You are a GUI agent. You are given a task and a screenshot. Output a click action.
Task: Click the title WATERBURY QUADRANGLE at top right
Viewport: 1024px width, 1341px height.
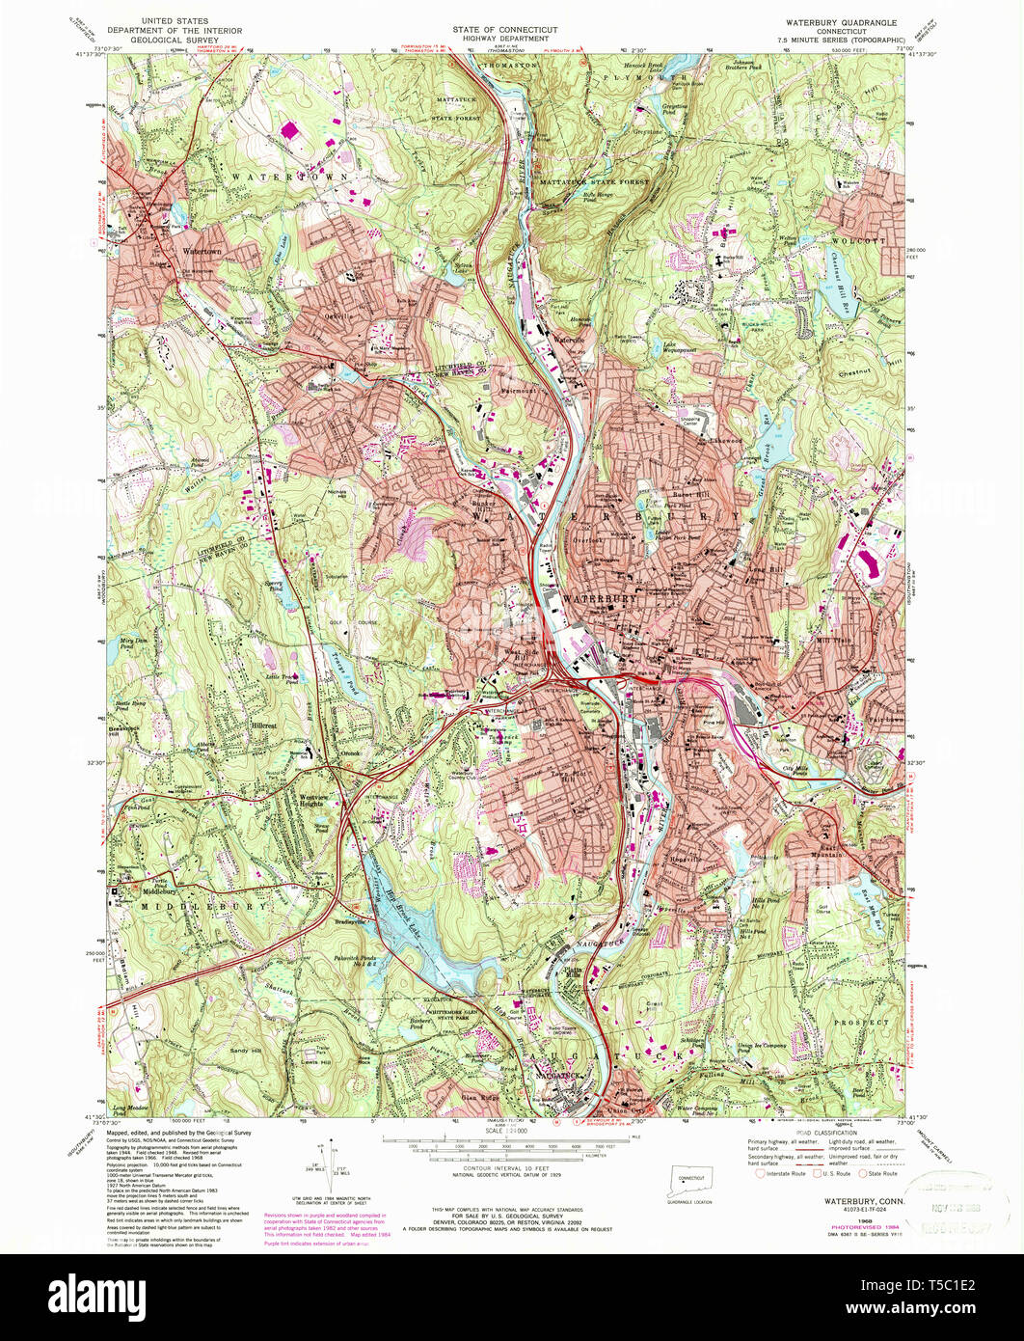[x=842, y=21]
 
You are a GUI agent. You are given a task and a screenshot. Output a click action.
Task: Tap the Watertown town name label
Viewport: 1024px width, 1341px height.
[x=202, y=252]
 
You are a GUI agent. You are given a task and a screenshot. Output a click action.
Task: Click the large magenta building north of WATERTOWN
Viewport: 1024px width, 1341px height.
[x=288, y=128]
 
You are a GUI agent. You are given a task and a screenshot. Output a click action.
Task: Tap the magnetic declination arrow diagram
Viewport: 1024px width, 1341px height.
[x=332, y=1163]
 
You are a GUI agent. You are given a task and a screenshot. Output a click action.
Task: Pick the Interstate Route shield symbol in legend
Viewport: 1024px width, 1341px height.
[x=760, y=1174]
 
